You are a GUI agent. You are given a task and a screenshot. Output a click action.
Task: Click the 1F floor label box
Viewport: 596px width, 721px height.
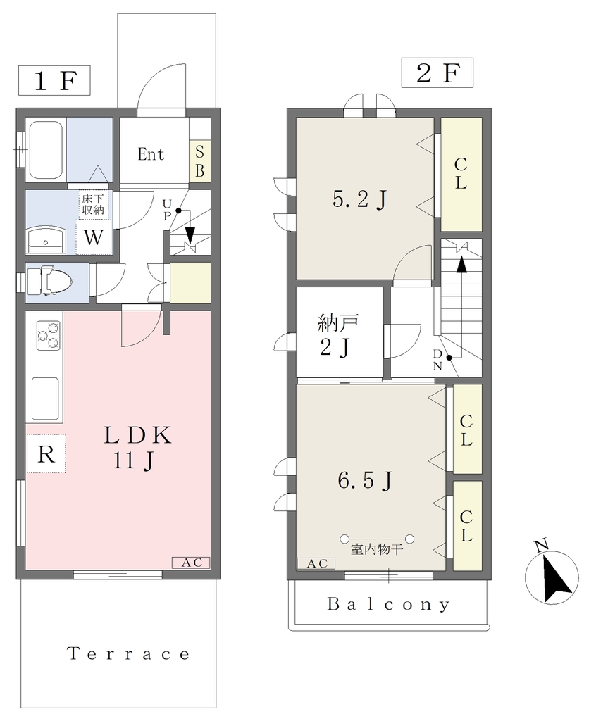tap(54, 80)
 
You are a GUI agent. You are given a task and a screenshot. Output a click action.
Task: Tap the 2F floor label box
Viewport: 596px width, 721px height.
tap(437, 73)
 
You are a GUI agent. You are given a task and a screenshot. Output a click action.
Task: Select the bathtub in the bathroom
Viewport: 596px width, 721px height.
tap(46, 150)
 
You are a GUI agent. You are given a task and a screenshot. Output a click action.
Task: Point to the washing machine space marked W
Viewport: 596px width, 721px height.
tap(94, 237)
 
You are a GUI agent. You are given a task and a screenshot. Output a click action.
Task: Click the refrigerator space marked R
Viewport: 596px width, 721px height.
tap(46, 454)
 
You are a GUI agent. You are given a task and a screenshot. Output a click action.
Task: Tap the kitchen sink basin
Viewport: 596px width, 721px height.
tap(45, 399)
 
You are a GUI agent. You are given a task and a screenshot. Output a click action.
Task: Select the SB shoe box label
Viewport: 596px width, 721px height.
tap(200, 161)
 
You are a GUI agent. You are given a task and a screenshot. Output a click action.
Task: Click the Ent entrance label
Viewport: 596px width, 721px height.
tap(151, 154)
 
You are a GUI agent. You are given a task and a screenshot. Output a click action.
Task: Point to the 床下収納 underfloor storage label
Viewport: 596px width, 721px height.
tap(93, 205)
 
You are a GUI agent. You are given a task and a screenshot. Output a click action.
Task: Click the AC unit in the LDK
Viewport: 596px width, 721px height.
tap(191, 563)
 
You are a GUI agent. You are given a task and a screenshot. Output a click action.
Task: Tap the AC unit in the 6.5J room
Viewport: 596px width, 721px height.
tap(316, 563)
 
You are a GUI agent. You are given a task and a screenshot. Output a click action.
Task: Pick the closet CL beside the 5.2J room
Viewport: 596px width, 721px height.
tap(461, 175)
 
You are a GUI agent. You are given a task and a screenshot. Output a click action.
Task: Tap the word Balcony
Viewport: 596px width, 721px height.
tap(389, 604)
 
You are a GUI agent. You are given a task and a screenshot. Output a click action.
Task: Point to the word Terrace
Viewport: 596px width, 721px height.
tap(128, 653)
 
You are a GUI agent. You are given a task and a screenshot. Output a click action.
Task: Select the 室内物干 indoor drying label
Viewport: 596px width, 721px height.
tap(377, 549)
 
